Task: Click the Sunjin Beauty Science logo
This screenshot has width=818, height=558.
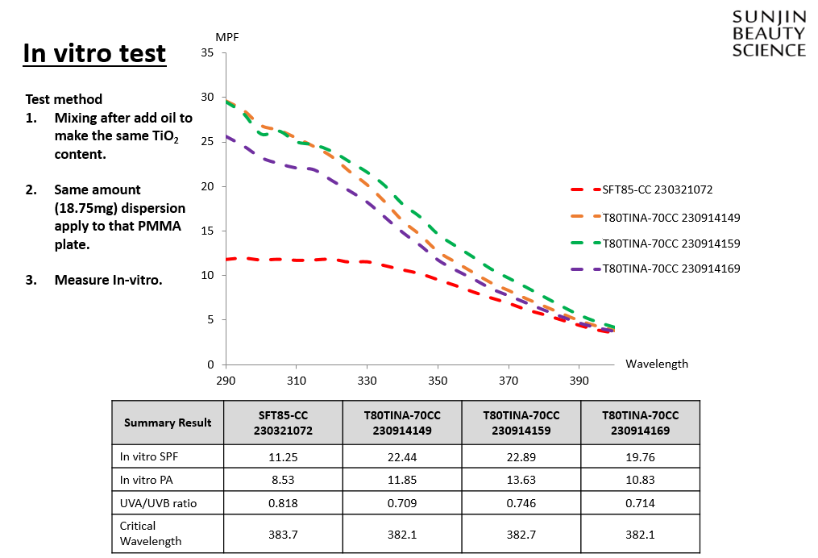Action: point(768,34)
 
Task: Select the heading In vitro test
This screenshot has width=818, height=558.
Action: point(94,53)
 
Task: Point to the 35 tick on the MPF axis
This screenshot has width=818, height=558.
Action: point(207,53)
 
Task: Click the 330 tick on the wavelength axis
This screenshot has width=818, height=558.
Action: point(367,379)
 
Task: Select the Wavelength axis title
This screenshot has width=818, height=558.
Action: point(656,364)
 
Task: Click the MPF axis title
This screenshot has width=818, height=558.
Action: point(227,37)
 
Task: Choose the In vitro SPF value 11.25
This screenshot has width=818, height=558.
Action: point(282,456)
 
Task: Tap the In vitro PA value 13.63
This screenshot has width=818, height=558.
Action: point(521,480)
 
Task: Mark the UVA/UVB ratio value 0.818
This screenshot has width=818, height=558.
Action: point(282,502)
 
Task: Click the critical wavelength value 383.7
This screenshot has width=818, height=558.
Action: point(282,534)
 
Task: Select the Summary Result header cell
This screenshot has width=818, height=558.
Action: point(168,423)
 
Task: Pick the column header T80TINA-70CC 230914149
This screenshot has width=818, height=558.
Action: point(401,423)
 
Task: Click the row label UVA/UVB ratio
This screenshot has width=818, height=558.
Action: point(159,502)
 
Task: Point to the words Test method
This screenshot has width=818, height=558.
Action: point(64,99)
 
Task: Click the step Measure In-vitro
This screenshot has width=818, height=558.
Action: point(108,280)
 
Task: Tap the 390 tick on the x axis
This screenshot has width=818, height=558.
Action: point(579,379)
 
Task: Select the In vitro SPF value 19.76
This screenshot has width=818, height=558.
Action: point(640,456)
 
